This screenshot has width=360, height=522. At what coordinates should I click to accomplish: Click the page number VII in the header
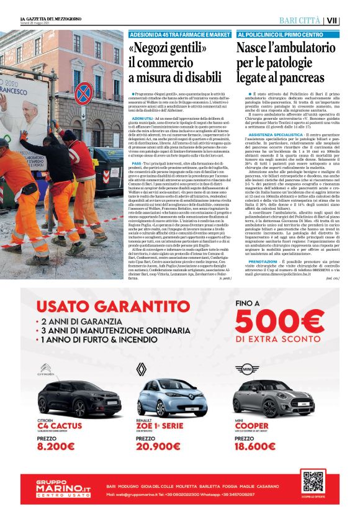click(349, 20)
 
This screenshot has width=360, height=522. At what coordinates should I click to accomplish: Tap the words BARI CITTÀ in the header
click(300, 20)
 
